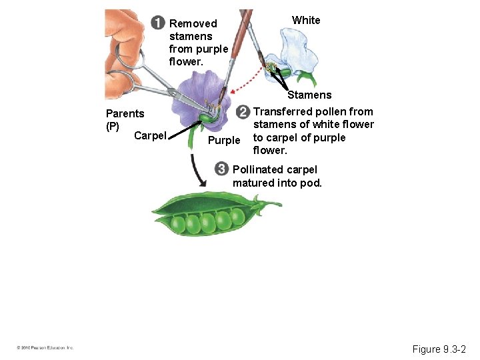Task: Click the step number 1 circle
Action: [x=158, y=23]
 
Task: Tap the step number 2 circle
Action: [x=244, y=111]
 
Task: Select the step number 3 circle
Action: [x=222, y=169]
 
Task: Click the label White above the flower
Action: [x=306, y=21]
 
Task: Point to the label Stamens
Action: [x=309, y=95]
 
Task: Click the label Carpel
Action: [x=150, y=136]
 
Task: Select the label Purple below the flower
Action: [x=223, y=141]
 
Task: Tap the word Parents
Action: [x=125, y=114]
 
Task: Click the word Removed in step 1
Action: [x=193, y=24]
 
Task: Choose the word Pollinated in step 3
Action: [x=258, y=170]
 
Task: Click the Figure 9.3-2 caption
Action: [x=439, y=349]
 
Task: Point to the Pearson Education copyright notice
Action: [x=45, y=348]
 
